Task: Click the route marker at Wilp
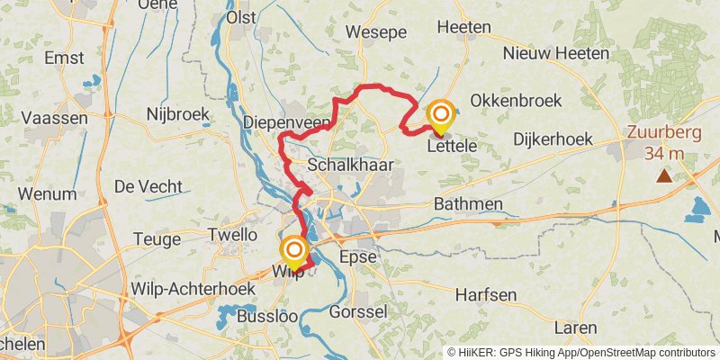(x=293, y=249)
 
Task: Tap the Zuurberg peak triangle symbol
(x=664, y=175)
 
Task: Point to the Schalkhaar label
(x=346, y=166)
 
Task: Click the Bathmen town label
(x=468, y=204)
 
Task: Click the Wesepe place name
(x=377, y=31)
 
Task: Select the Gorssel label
(x=358, y=312)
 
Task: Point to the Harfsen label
(x=485, y=294)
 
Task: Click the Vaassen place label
(x=54, y=118)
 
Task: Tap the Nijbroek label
(x=177, y=114)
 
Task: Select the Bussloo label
(x=265, y=316)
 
